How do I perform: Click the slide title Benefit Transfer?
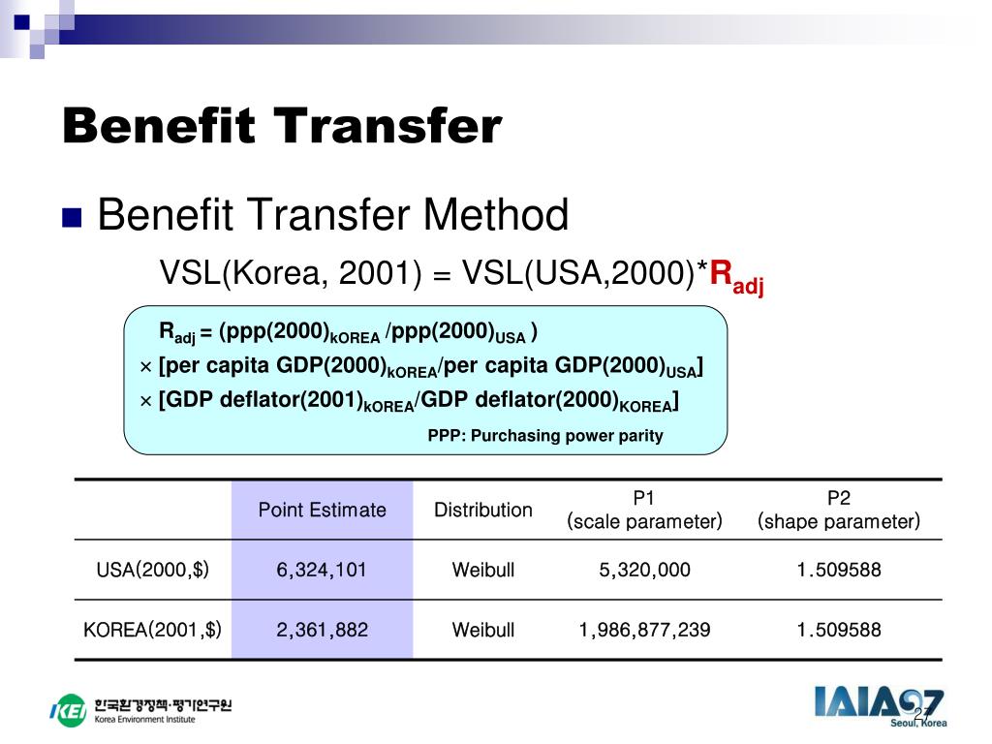pyautogui.click(x=282, y=127)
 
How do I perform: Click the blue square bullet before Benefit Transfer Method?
pyautogui.click(x=73, y=217)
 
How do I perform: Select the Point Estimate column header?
pyautogui.click(x=322, y=510)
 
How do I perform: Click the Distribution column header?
pyautogui.click(x=482, y=510)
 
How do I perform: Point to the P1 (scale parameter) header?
pyautogui.click(x=644, y=510)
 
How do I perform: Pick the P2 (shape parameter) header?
pyautogui.click(x=838, y=510)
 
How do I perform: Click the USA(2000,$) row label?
pyautogui.click(x=152, y=570)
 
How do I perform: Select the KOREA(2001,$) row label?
pyautogui.click(x=152, y=630)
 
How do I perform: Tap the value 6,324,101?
pyautogui.click(x=322, y=570)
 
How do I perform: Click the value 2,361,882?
pyautogui.click(x=322, y=630)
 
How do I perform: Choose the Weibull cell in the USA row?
pyautogui.click(x=482, y=570)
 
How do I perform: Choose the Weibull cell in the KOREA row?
pyautogui.click(x=482, y=630)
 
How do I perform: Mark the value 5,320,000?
pyautogui.click(x=644, y=570)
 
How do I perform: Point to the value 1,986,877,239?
pyautogui.click(x=644, y=630)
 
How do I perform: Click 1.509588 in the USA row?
pyautogui.click(x=839, y=570)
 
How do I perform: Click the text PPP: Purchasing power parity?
pyautogui.click(x=545, y=436)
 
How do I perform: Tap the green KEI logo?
pyautogui.click(x=68, y=710)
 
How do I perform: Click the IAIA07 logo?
pyautogui.click(x=879, y=704)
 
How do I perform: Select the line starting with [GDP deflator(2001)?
pyautogui.click(x=409, y=401)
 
